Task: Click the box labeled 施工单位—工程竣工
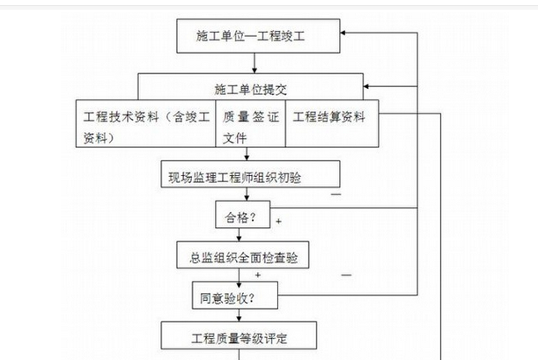click(x=255, y=36)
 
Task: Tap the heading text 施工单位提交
click(x=251, y=89)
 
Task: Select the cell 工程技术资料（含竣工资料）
click(x=145, y=126)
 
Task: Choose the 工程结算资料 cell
click(x=328, y=117)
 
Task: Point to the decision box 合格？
click(x=235, y=215)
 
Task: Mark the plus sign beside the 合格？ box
click(x=278, y=221)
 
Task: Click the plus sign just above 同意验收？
click(x=257, y=276)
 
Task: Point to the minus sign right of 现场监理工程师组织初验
click(x=335, y=192)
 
